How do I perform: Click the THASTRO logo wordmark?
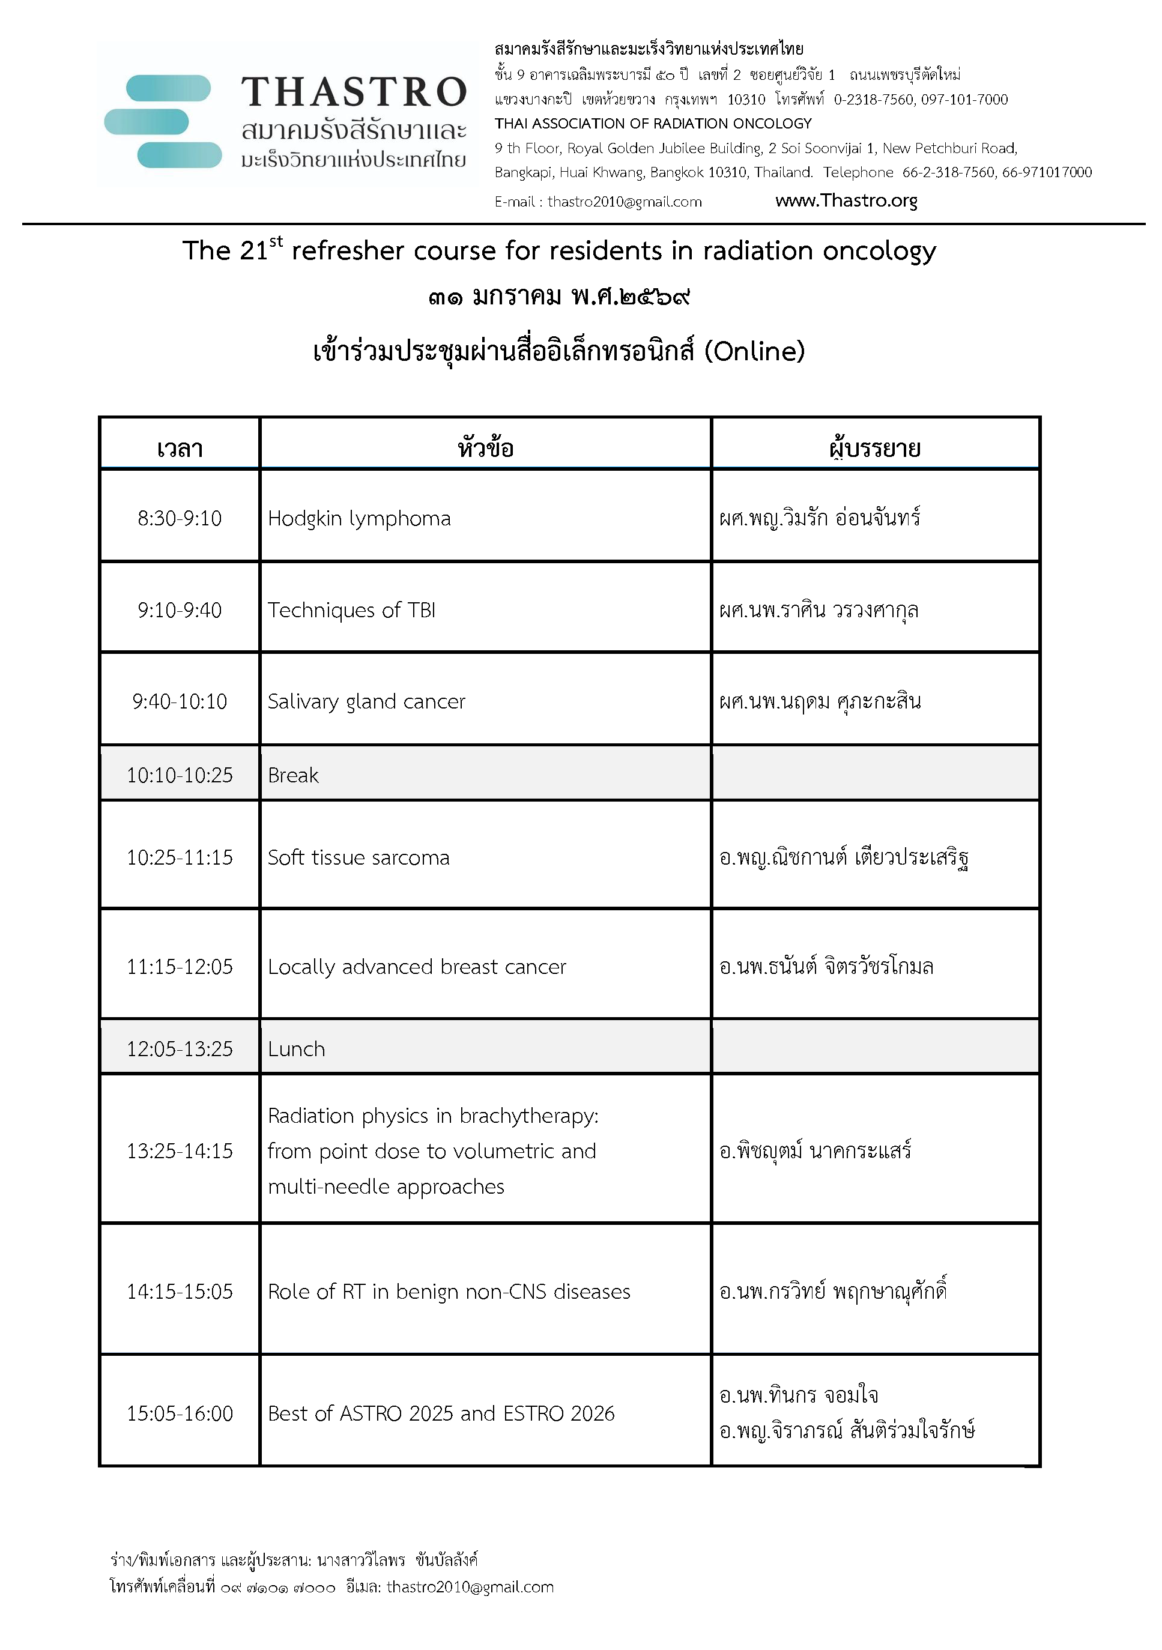pyautogui.click(x=354, y=92)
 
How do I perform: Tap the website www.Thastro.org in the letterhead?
pyautogui.click(x=846, y=201)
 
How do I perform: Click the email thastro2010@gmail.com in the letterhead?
pyautogui.click(x=624, y=202)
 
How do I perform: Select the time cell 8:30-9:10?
pyautogui.click(x=180, y=518)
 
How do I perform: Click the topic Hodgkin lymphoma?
pyautogui.click(x=359, y=518)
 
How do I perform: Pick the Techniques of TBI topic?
pyautogui.click(x=351, y=610)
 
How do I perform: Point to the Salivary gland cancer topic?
pyautogui.click(x=366, y=701)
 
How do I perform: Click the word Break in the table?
pyautogui.click(x=293, y=775)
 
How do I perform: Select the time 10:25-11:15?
pyautogui.click(x=180, y=857)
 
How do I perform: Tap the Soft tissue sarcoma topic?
pyautogui.click(x=359, y=857)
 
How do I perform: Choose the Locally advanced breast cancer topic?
pyautogui.click(x=417, y=967)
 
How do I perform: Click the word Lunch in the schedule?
pyautogui.click(x=296, y=1049)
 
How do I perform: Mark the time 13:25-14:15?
pyautogui.click(x=180, y=1151)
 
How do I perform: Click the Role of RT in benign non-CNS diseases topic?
pyautogui.click(x=449, y=1292)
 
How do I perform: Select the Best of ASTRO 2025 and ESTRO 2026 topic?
pyautogui.click(x=441, y=1413)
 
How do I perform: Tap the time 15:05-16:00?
pyautogui.click(x=180, y=1413)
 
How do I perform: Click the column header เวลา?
pyautogui.click(x=180, y=449)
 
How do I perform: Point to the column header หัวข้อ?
pyautogui.click(x=486, y=449)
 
